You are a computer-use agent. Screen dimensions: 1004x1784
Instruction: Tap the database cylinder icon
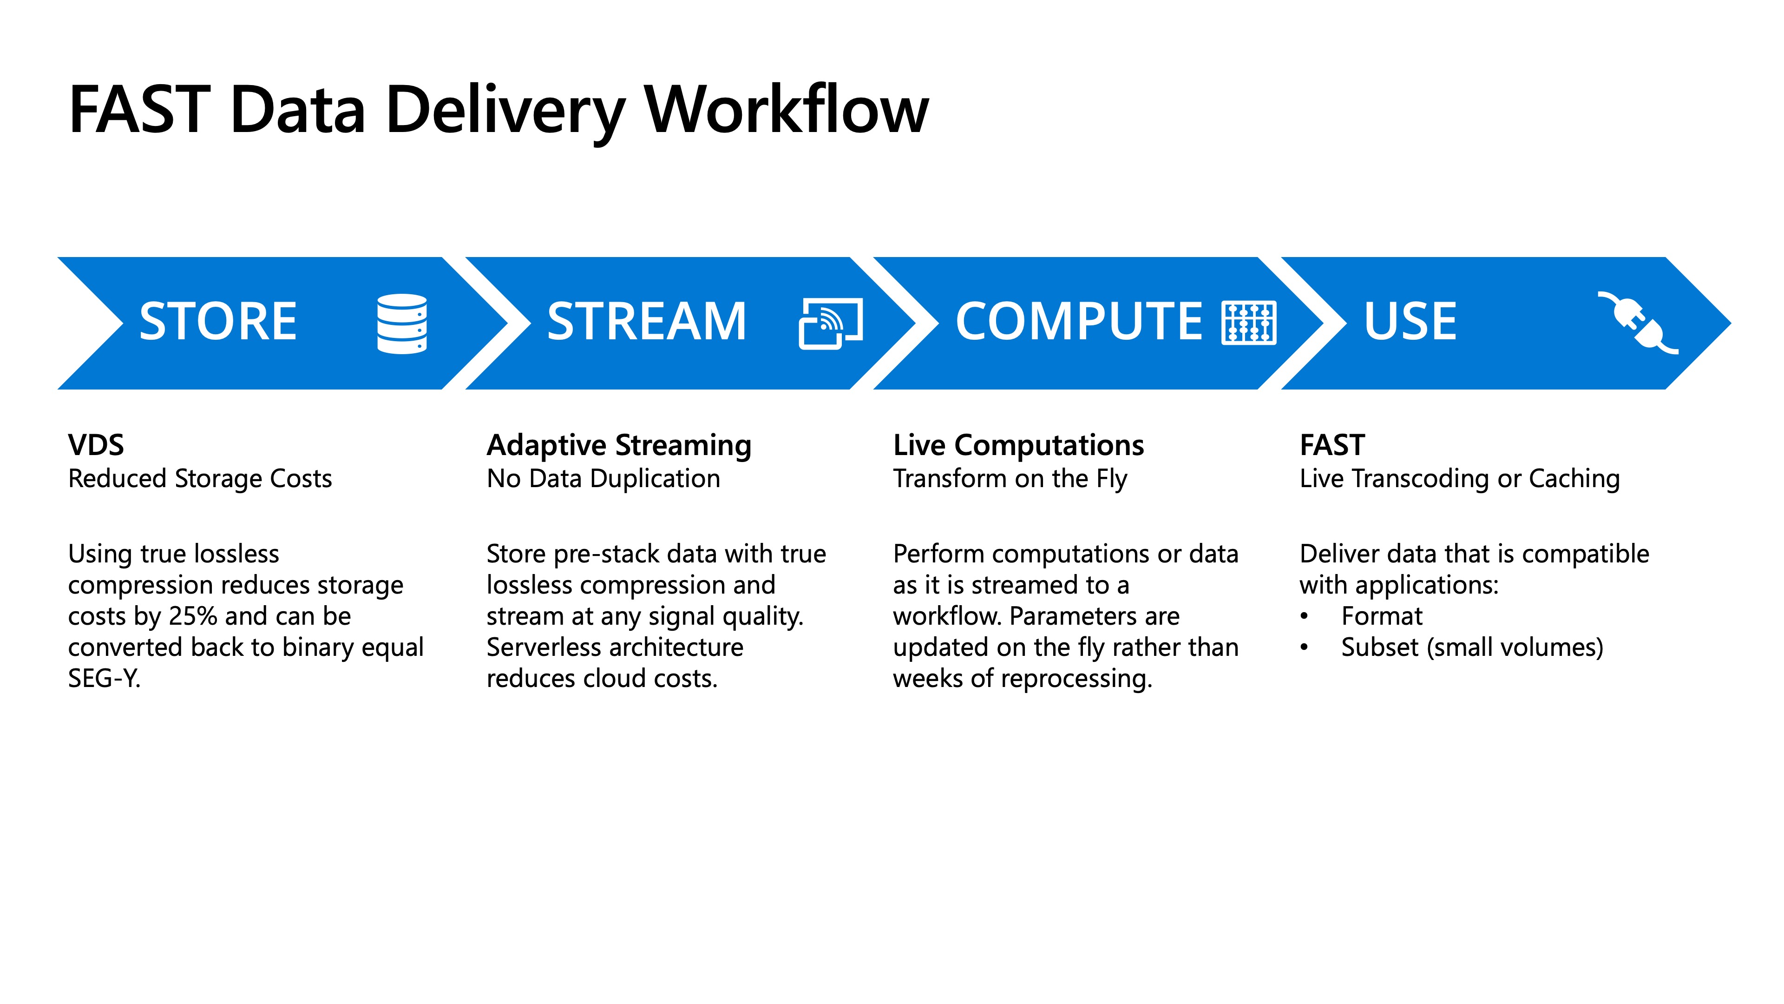click(402, 324)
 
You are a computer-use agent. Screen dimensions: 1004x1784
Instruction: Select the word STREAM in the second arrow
click(646, 322)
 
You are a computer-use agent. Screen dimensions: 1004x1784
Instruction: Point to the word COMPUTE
click(1078, 322)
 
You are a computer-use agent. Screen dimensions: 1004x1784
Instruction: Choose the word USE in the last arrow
click(1410, 322)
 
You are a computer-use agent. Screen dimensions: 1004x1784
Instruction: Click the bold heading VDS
click(96, 445)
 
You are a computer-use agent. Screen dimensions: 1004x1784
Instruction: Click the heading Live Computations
click(1018, 445)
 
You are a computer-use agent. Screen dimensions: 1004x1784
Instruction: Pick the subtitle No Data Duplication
click(603, 479)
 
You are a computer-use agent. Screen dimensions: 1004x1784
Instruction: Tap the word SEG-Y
click(104, 678)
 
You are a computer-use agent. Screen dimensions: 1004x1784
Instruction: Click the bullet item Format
click(1382, 616)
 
